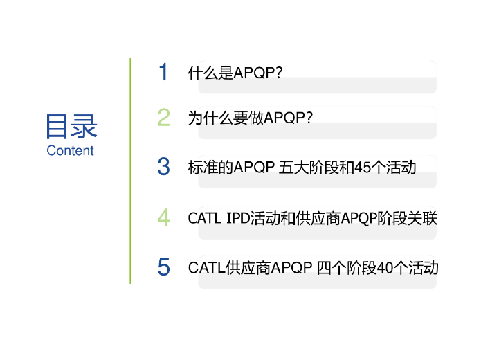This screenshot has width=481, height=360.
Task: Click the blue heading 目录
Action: (x=71, y=126)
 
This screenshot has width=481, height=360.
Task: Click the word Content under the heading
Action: (x=70, y=151)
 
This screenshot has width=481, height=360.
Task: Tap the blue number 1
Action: (x=163, y=72)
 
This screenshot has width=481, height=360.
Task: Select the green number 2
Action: (x=163, y=117)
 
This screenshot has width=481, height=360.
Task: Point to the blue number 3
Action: (x=163, y=166)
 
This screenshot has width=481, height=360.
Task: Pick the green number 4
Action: (x=163, y=217)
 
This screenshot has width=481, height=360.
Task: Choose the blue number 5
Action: (x=163, y=267)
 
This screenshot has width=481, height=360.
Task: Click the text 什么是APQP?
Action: (x=235, y=73)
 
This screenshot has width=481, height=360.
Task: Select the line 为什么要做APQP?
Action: (x=251, y=118)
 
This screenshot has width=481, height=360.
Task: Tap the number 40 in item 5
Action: (x=385, y=268)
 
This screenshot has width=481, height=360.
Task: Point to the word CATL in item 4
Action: (x=205, y=218)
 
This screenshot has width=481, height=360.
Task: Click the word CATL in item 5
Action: (x=206, y=268)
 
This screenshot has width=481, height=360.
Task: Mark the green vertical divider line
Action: (x=130, y=171)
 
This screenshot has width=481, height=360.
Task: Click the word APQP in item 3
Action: (x=254, y=168)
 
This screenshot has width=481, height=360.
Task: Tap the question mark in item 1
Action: (x=279, y=73)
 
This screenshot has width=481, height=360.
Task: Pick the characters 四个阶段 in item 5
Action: (x=347, y=268)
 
